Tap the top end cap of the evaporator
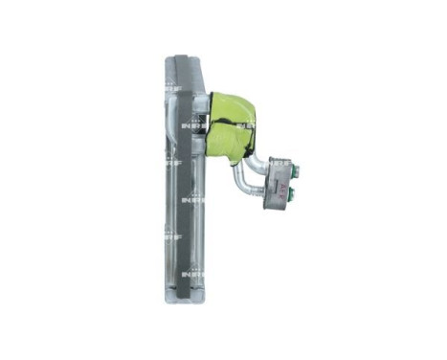click(x=184, y=59)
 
